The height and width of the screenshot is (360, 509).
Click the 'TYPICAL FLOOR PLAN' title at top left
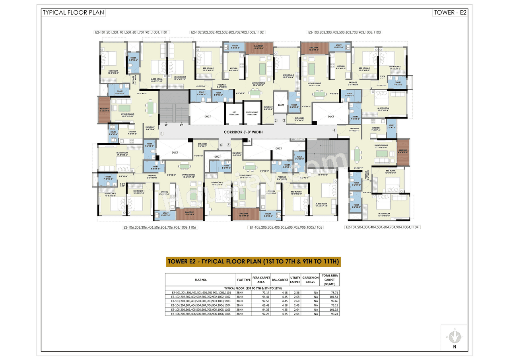pos(73,12)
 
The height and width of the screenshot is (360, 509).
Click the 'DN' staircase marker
pos(181,125)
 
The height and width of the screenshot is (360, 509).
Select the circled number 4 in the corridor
pos(334,130)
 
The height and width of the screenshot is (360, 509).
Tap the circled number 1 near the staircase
pos(162,134)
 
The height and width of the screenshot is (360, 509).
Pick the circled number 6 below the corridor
pos(221,145)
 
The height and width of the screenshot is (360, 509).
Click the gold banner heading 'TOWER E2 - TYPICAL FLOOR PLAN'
pos(253,261)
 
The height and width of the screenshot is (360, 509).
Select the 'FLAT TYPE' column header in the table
pos(243,280)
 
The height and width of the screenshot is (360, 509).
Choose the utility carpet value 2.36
pos(295,292)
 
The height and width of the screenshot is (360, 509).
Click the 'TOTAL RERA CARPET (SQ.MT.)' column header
pos(330,280)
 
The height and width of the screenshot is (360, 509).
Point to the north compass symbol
pos(454,336)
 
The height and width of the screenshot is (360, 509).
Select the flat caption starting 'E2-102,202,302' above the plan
pos(228,32)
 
